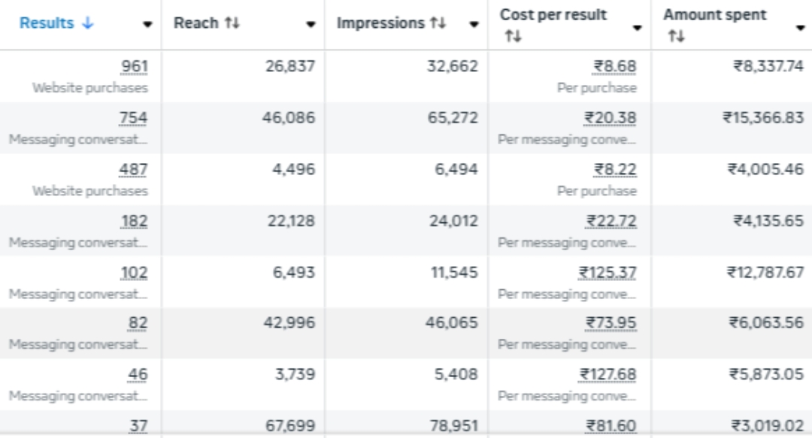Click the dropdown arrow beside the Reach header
coord(311,25)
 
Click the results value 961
coord(135,68)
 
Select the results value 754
coord(135,119)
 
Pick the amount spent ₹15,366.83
coord(763,119)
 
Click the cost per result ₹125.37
coord(608,273)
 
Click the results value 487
coord(135,170)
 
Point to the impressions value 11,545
coord(453,273)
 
